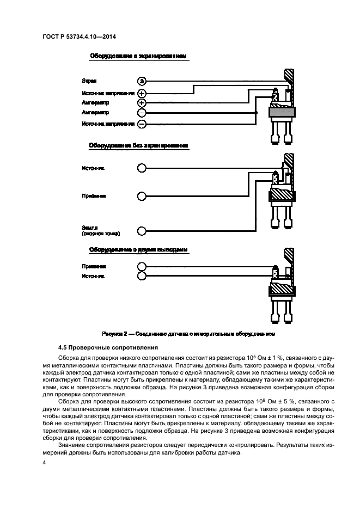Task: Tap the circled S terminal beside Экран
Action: (142, 81)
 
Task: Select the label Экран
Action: (89, 81)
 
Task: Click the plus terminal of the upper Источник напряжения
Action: (142, 93)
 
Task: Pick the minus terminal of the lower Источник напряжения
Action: (142, 124)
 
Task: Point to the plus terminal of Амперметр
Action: (142, 103)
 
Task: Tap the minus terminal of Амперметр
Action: (142, 113)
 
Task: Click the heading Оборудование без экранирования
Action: (138, 146)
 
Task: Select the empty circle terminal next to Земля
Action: (142, 231)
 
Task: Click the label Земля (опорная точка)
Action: (101, 231)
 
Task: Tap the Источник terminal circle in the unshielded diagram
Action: (142, 168)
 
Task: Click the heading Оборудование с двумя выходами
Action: (138, 250)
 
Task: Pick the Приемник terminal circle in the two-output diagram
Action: (142, 267)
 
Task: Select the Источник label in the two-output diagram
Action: (93, 276)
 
